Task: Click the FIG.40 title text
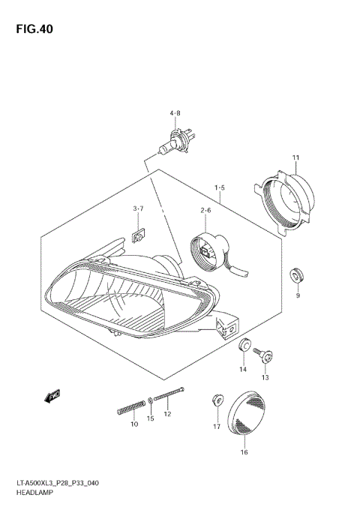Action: click(x=33, y=30)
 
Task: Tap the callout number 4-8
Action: click(x=175, y=113)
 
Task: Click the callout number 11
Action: click(x=295, y=157)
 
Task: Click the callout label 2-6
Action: click(x=205, y=211)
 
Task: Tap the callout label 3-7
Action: click(x=139, y=208)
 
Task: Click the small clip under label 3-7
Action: click(x=138, y=236)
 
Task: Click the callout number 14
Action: click(x=243, y=370)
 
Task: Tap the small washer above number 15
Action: click(x=151, y=400)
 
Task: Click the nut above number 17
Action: click(x=216, y=399)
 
